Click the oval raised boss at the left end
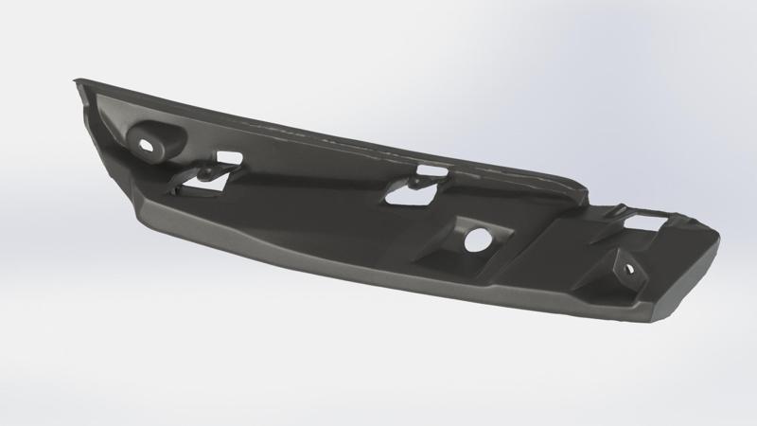(157, 139)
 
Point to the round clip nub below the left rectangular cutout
(202, 172)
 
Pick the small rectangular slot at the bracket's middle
(431, 172)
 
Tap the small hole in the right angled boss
(627, 269)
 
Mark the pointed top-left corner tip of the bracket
(76, 82)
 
